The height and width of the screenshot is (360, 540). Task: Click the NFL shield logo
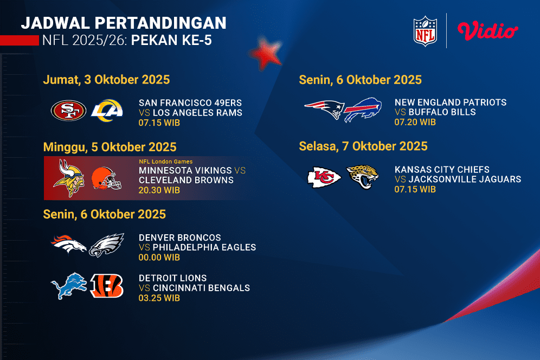click(425, 30)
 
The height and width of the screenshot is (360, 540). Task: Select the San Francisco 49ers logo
click(68, 111)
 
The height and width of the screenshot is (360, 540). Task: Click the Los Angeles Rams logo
click(107, 111)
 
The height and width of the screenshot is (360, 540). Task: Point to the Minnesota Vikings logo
click(68, 178)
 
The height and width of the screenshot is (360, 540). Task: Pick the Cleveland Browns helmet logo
click(106, 178)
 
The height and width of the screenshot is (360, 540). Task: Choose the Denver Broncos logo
click(68, 246)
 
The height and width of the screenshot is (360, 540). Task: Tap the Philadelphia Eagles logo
click(106, 246)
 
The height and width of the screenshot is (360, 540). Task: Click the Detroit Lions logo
click(68, 286)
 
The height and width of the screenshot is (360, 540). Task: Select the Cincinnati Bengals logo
click(107, 286)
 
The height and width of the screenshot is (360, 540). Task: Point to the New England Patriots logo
click(324, 111)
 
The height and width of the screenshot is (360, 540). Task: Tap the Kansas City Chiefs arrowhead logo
click(324, 177)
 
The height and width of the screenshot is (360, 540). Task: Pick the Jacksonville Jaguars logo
click(363, 177)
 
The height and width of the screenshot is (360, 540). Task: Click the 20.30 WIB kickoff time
click(159, 190)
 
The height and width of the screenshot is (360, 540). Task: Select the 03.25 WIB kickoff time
click(159, 298)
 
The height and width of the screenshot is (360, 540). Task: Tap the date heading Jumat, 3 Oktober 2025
click(106, 80)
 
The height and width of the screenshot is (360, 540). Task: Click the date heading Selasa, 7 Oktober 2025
click(363, 146)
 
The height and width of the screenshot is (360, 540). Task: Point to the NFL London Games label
click(165, 162)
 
